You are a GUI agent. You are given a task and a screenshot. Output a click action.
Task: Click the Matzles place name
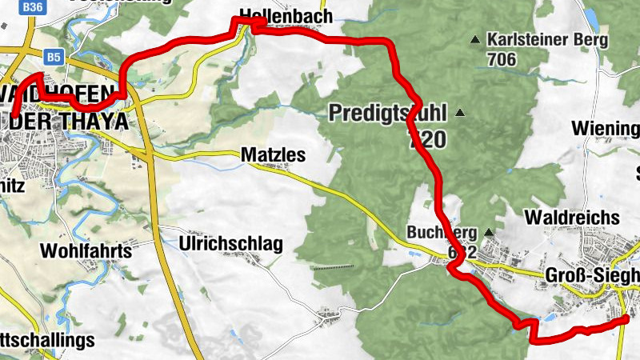click(273, 155)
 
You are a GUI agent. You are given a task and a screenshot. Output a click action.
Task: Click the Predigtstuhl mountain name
click(387, 113)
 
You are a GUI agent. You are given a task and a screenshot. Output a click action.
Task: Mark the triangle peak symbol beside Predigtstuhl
click(459, 113)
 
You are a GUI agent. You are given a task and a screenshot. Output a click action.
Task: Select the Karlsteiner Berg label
click(547, 38)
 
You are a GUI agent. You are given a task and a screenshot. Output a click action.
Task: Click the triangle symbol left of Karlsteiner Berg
click(476, 38)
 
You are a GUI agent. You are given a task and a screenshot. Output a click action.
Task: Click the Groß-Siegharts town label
click(592, 275)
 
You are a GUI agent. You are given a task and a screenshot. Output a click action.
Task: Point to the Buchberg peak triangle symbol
click(488, 233)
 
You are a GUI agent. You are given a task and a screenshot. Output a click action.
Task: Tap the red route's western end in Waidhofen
click(14, 117)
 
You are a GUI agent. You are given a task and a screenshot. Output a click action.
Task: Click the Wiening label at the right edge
click(605, 129)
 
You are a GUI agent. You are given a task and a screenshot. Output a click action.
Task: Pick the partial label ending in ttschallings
click(48, 340)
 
